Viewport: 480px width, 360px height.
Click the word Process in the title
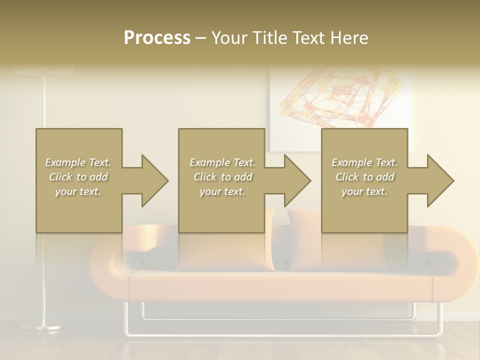point(157,38)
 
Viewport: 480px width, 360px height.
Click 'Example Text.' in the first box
point(78,162)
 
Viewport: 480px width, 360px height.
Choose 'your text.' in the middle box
point(222,191)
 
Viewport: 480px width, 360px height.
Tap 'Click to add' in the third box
point(365,177)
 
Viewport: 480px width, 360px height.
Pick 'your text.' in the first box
point(78,191)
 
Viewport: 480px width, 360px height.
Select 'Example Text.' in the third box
point(365,162)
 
